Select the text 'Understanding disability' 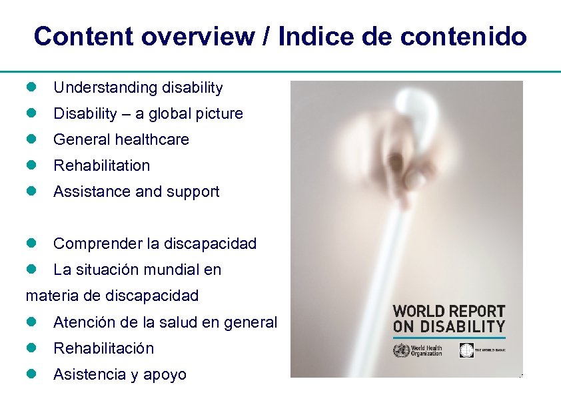tap(138, 87)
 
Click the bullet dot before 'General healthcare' tap(31, 139)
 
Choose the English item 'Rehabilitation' tap(101, 165)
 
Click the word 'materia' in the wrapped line tap(52, 295)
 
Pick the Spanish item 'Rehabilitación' tap(103, 348)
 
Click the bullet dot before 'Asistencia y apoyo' tap(31, 374)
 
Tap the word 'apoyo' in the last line tap(165, 375)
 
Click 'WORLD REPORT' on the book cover tap(449, 312)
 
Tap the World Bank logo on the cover tap(466, 350)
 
